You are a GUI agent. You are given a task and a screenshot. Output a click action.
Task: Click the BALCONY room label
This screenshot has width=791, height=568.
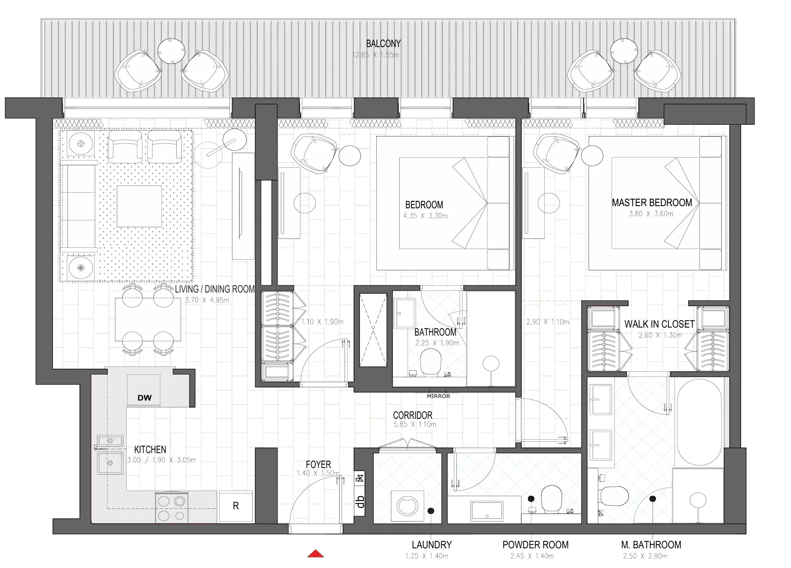(x=383, y=44)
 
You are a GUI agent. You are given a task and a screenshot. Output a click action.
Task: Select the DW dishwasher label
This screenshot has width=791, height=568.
(x=144, y=398)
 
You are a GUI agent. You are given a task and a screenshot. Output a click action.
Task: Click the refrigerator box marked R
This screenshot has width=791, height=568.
(x=236, y=506)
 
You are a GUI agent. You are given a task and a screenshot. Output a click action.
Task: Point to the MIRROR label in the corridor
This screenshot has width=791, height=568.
(x=438, y=396)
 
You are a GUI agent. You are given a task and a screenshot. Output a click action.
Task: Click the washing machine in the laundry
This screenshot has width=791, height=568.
(x=408, y=506)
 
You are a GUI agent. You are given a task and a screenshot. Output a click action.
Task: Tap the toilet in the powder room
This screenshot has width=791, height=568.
(x=552, y=498)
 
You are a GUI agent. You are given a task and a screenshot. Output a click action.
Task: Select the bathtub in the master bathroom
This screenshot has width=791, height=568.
(x=699, y=422)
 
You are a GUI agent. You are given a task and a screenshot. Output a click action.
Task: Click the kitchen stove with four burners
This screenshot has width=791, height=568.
(x=172, y=507)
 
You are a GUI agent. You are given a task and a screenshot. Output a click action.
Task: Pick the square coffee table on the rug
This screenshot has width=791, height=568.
(x=139, y=206)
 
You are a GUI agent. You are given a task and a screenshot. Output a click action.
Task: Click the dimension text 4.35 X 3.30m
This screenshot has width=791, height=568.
(x=425, y=216)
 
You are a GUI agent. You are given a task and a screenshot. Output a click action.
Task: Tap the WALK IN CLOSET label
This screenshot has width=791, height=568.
(x=659, y=324)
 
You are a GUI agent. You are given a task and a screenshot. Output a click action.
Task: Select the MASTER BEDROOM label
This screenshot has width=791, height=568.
(x=652, y=203)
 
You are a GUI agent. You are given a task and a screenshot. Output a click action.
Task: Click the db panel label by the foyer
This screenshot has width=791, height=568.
(x=360, y=502)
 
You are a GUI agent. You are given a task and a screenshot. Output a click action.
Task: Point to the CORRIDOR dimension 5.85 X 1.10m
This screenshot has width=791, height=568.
(x=415, y=425)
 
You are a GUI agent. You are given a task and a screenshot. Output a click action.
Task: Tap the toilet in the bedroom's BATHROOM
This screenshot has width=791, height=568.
(x=430, y=362)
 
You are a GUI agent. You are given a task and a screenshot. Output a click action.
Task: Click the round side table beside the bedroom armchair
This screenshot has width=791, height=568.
(x=350, y=155)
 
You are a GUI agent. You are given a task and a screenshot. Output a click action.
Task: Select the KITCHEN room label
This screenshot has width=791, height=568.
(x=150, y=449)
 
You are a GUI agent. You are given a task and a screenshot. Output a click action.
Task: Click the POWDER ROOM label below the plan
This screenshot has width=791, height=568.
(x=535, y=545)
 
